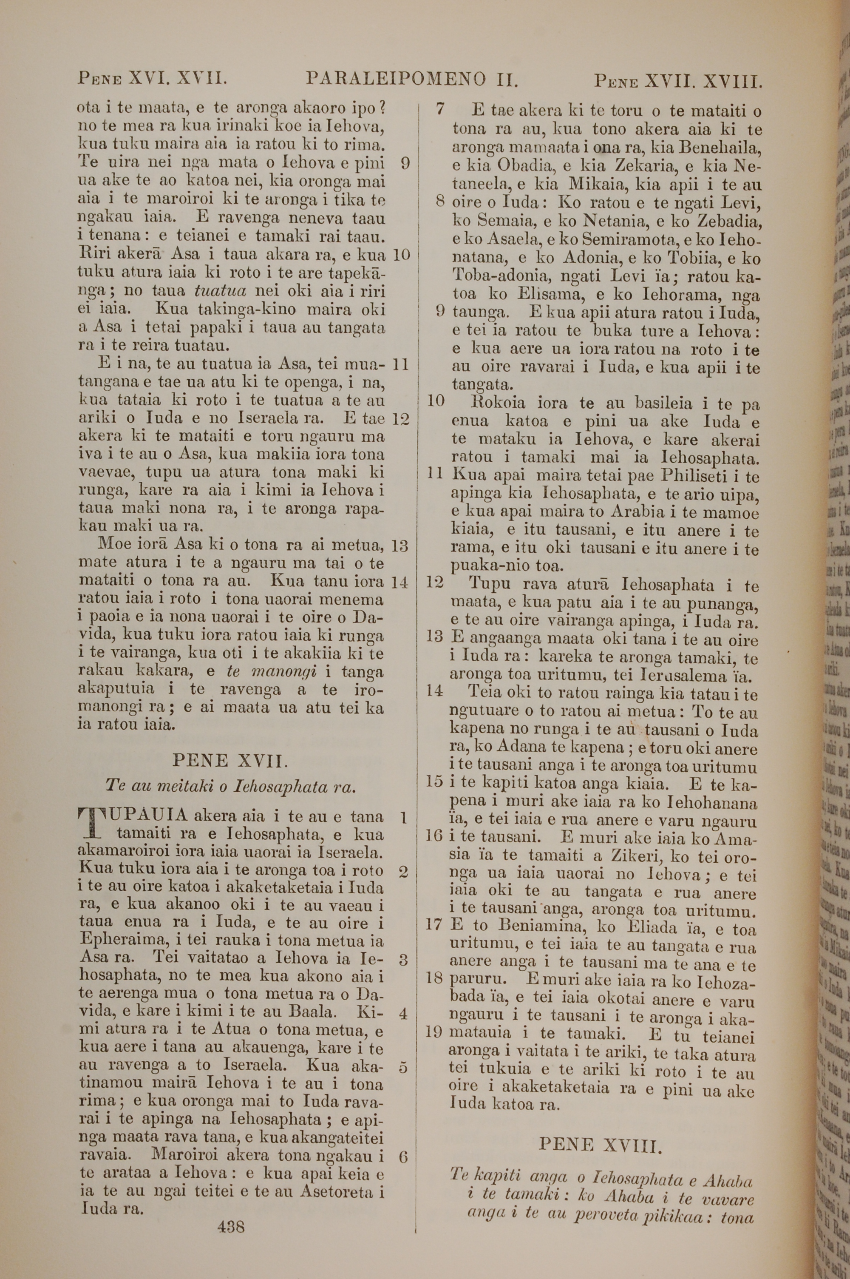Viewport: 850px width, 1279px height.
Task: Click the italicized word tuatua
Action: [220, 291]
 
